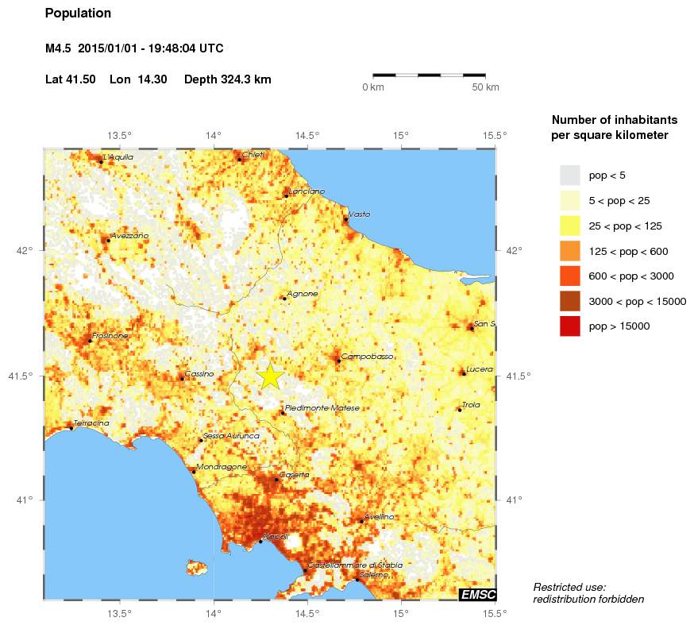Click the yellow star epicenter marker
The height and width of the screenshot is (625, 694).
point(270,376)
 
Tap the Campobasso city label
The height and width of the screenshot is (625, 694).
point(368,357)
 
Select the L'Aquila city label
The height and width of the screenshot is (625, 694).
point(119,157)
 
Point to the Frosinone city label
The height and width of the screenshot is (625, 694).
point(110,336)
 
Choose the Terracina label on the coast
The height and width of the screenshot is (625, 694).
point(91,423)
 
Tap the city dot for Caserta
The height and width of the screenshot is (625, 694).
point(276,480)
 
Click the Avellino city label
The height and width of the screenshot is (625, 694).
point(379,517)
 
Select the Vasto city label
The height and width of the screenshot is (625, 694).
point(359,214)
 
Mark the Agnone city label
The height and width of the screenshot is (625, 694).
point(303,294)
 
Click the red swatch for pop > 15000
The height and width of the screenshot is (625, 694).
point(570,326)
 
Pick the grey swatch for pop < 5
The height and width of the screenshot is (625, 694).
point(570,175)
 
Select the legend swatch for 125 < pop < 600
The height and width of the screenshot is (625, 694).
point(570,251)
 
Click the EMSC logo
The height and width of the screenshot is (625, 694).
point(477,594)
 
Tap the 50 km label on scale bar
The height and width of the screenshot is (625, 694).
point(485,87)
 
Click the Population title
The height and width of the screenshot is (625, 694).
point(79,14)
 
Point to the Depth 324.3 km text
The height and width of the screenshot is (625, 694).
point(228,79)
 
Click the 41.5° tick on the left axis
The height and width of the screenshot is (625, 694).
point(25,376)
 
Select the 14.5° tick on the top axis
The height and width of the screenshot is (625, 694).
point(307,135)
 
